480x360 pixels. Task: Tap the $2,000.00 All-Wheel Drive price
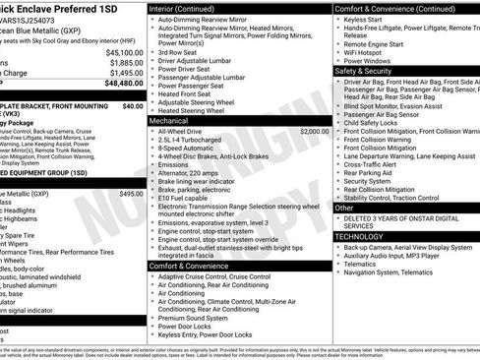coord(310,131)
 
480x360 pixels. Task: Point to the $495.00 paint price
coord(131,194)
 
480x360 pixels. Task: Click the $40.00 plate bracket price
coord(133,105)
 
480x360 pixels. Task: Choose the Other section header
coord(345,208)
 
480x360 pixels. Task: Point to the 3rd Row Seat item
coord(183,51)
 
